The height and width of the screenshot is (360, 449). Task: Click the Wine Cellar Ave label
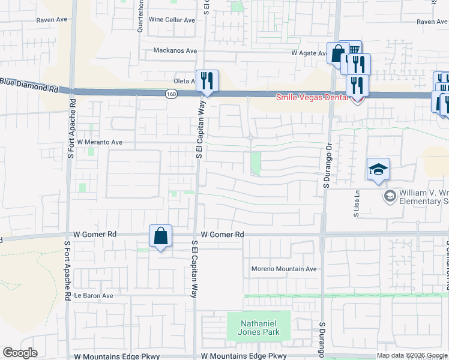tap(172, 20)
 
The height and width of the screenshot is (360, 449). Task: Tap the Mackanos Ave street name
tap(175, 50)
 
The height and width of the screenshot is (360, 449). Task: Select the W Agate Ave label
tap(309, 53)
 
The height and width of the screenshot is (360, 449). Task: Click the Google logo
tap(20, 353)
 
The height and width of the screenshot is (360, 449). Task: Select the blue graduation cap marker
tap(379, 170)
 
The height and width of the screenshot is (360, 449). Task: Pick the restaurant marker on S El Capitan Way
tap(208, 81)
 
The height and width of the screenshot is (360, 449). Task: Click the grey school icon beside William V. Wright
tap(390, 196)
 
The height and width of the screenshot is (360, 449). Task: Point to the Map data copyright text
tap(412, 355)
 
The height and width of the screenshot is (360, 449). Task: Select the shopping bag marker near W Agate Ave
tap(338, 53)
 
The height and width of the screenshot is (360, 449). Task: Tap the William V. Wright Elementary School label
tap(423, 197)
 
